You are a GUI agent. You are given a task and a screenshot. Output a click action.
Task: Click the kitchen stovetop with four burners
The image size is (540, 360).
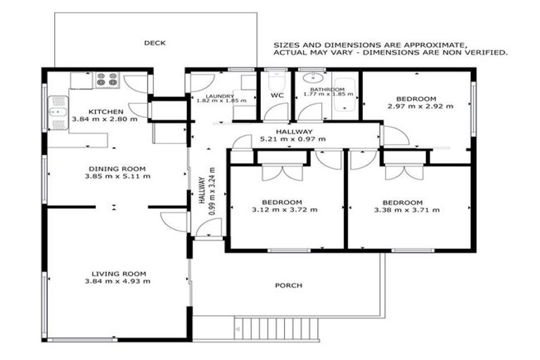pyautogui.click(x=107, y=79)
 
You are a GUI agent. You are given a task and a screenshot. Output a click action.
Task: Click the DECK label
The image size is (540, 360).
pyautogui.click(x=155, y=43)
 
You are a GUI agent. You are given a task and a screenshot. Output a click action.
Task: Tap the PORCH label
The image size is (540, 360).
pyautogui.click(x=288, y=285)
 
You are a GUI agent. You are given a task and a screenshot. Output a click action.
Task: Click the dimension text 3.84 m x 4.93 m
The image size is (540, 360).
pyautogui.click(x=121, y=281)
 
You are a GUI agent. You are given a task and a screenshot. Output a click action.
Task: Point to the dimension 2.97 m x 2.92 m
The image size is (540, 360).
pyautogui.click(x=420, y=106)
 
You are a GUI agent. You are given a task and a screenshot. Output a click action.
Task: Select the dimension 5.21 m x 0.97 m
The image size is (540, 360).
pyautogui.click(x=292, y=139)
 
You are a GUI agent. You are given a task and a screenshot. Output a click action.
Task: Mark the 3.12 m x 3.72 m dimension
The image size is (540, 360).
pyautogui.click(x=285, y=210)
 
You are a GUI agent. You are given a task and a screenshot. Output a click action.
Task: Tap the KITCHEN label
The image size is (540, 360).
pyautogui.click(x=106, y=112)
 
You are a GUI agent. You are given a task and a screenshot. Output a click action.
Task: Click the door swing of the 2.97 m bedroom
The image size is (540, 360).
pyautogui.click(x=394, y=136)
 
